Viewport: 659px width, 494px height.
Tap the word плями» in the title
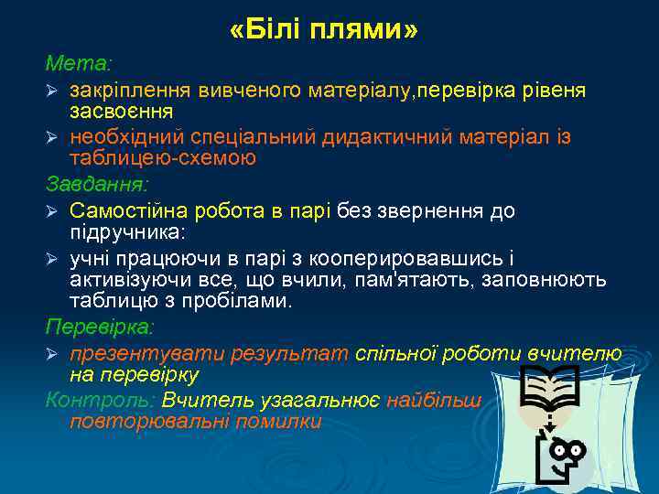point(364,31)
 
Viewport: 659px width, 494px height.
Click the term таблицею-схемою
point(163,157)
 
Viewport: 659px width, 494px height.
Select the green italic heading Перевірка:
point(100,327)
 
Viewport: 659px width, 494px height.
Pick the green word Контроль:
point(100,400)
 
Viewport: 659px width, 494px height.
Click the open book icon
point(548,388)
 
